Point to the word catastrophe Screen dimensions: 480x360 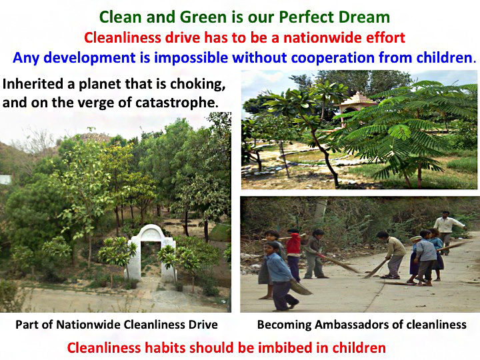(177, 103)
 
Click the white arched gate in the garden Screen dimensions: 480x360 (151, 253)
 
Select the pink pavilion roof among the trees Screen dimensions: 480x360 (357, 100)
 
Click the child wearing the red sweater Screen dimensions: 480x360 (293, 255)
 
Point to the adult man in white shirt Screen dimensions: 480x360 (447, 231)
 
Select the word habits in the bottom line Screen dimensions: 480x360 (165, 348)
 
